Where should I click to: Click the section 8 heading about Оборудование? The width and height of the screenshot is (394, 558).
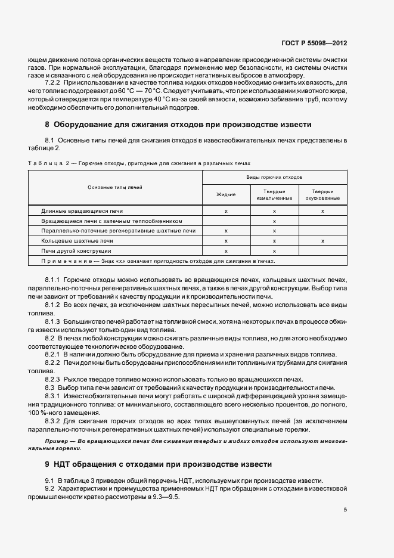(x=178, y=125)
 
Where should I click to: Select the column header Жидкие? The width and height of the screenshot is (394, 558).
(x=226, y=194)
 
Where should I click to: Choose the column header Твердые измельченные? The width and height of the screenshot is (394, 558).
(x=274, y=194)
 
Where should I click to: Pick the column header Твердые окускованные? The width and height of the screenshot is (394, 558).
(x=322, y=194)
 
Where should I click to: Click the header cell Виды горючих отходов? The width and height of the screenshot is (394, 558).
(x=274, y=178)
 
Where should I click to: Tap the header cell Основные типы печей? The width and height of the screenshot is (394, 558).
(x=115, y=187)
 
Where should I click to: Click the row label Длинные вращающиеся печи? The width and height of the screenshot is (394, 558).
(x=82, y=211)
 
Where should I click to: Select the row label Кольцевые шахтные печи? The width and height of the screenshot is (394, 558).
(x=77, y=241)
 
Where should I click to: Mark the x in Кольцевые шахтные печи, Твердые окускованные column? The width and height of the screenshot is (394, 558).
(x=322, y=241)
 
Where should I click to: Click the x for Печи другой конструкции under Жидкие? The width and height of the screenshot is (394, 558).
(x=226, y=251)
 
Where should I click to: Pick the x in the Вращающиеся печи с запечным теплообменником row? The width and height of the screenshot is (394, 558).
(x=274, y=221)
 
